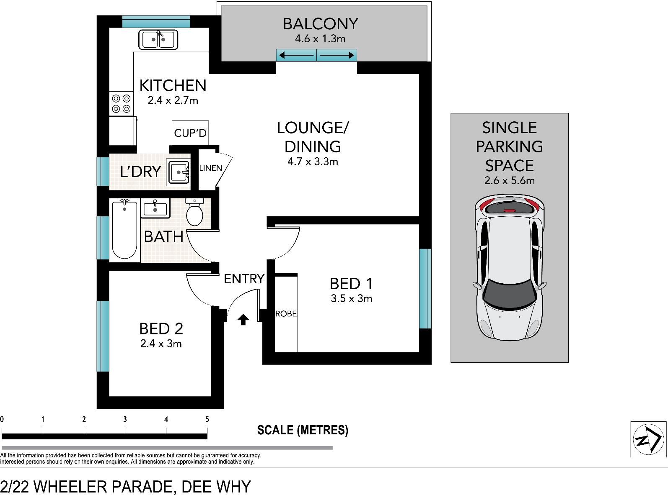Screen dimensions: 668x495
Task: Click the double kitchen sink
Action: pos(158,39)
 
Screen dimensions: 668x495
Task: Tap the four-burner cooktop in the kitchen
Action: pos(121,103)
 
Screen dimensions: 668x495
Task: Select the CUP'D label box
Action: pos(190,133)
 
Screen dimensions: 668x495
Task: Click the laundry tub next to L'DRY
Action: pos(178,172)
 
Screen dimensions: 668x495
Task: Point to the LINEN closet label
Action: pos(210,168)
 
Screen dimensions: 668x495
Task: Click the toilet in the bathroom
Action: pos(194,212)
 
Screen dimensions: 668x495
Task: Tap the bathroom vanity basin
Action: pos(155,208)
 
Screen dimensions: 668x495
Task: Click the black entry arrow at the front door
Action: pos(243,319)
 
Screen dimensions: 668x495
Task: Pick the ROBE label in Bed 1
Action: pos(286,314)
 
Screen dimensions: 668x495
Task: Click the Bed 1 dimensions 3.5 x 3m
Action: pos(352,299)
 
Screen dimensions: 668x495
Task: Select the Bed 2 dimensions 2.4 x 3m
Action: pos(161,344)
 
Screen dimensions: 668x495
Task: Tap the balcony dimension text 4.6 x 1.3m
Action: pos(320,39)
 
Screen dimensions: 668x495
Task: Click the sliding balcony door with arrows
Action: pos(316,55)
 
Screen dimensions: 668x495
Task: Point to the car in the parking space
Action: pos(510,268)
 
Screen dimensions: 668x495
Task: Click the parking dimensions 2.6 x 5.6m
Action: pos(510,180)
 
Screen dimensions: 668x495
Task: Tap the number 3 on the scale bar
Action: pos(125,419)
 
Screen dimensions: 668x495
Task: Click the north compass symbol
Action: pos(648,439)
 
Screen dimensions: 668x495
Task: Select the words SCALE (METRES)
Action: pos(303,430)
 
